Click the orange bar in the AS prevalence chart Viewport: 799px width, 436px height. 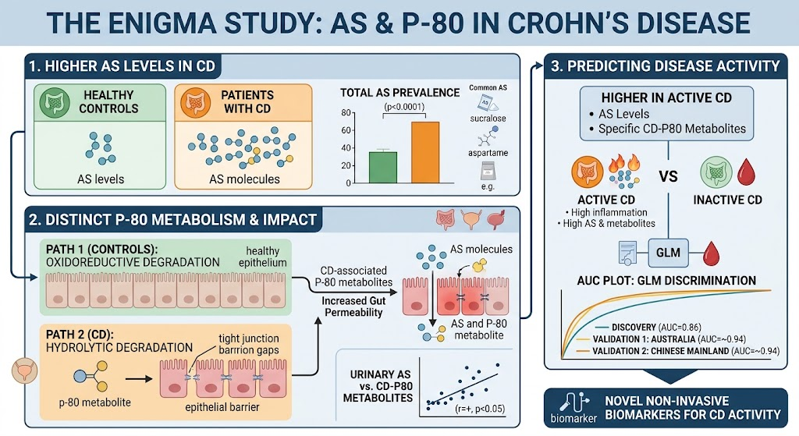point(425,152)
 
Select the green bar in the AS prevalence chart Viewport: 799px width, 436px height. point(382,167)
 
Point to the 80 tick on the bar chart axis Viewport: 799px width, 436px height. point(346,112)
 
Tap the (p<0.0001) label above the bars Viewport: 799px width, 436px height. point(404,107)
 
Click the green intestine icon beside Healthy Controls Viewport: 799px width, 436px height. point(55,102)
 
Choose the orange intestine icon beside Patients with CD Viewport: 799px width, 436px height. point(196,102)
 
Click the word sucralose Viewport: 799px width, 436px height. point(488,119)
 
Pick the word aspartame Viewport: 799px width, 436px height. point(488,153)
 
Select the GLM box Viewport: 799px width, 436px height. point(668,253)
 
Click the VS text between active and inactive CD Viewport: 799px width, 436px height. point(668,177)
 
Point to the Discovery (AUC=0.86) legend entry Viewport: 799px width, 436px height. point(648,327)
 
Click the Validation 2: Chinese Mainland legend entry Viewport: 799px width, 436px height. point(678,351)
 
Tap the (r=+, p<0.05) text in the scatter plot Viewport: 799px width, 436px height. point(480,409)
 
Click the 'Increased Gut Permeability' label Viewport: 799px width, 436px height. point(353,307)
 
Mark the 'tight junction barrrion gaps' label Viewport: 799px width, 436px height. point(249,344)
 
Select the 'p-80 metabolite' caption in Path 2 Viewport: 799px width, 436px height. point(95,402)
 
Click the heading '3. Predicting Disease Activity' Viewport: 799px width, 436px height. point(666,66)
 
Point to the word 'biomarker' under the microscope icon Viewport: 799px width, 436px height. point(574,419)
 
